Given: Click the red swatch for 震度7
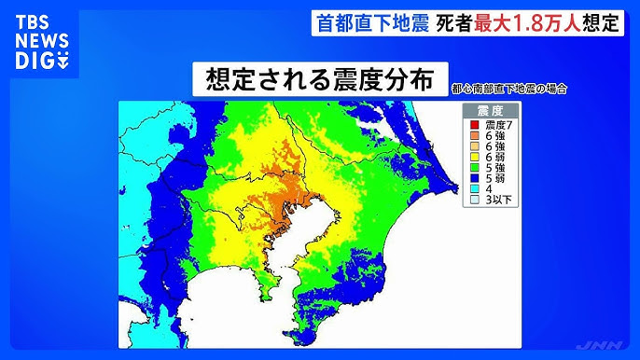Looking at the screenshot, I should click(x=475, y=124).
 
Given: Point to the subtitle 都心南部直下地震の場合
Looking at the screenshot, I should click(x=508, y=89).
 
